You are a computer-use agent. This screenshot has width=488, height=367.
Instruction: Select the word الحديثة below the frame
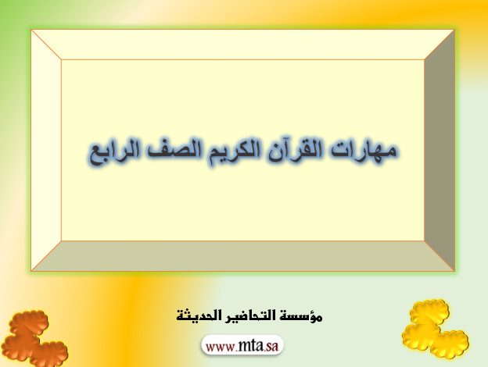coord(196,315)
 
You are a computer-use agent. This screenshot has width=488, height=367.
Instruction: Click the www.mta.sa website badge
coord(242,346)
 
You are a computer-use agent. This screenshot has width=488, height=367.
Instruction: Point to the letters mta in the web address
coord(250,346)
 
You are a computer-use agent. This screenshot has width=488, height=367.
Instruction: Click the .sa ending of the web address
coord(271,347)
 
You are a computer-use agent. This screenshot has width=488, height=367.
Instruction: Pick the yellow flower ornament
coord(435,328)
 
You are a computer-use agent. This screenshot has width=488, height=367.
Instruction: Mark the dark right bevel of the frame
coord(440,150)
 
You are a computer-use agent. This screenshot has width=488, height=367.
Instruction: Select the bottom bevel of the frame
coord(242,256)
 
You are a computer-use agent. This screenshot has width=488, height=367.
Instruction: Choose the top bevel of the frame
coord(242,45)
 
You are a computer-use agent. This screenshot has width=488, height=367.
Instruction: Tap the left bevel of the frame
coord(46,150)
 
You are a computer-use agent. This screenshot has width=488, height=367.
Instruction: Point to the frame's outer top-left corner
coord(31,30)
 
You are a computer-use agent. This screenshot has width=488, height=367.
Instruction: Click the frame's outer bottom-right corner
coord(454,271)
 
